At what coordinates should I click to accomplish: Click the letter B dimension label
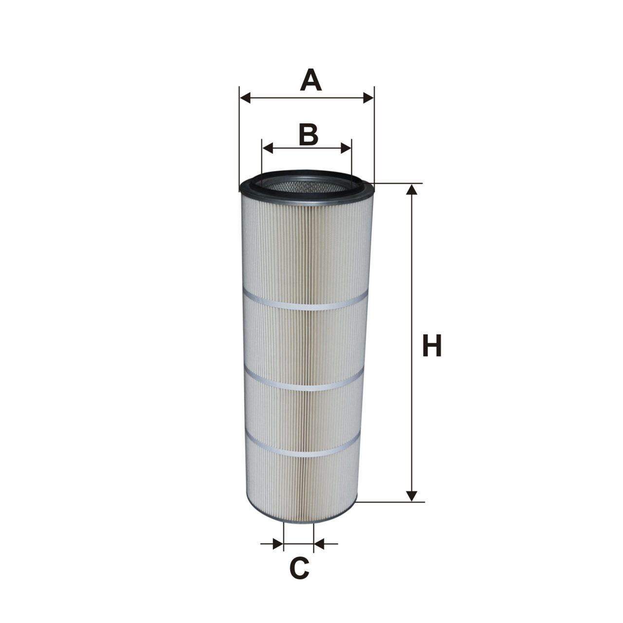pos(308,134)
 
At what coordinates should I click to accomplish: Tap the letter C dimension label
pos(299,567)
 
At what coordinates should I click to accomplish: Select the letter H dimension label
pos(432,345)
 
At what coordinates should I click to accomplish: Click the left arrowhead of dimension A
pos(245,97)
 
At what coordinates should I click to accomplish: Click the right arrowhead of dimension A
pos(368,97)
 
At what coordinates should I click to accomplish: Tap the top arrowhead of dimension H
pos(411,189)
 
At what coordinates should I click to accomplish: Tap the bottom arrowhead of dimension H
pos(411,496)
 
